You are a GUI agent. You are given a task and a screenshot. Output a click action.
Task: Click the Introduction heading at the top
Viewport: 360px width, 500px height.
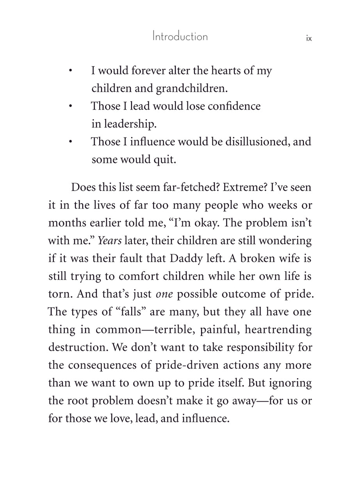[180, 37]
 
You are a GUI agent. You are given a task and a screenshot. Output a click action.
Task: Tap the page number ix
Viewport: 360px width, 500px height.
[309, 38]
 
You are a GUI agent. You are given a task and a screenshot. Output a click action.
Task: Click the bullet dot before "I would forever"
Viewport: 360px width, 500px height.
[70, 71]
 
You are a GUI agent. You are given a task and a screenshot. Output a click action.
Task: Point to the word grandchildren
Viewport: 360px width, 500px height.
[191, 88]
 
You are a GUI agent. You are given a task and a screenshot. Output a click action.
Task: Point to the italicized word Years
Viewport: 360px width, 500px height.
[109, 241]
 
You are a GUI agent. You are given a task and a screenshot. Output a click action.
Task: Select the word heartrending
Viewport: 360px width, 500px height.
[278, 330]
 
